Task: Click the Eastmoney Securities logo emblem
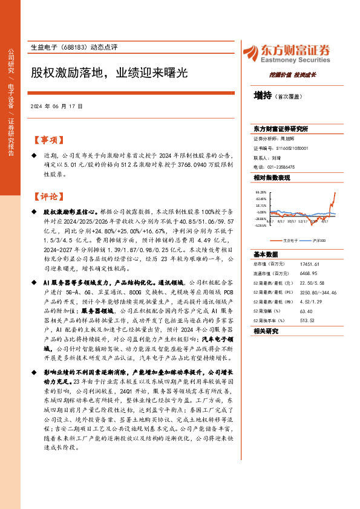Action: tap(251, 53)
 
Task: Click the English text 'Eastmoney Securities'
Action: tap(293, 60)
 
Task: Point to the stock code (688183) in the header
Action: tap(73, 47)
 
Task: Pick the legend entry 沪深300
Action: tap(316, 240)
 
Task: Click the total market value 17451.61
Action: tap(309, 265)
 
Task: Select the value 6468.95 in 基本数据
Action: tap(308, 273)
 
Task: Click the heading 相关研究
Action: tap(264, 331)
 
